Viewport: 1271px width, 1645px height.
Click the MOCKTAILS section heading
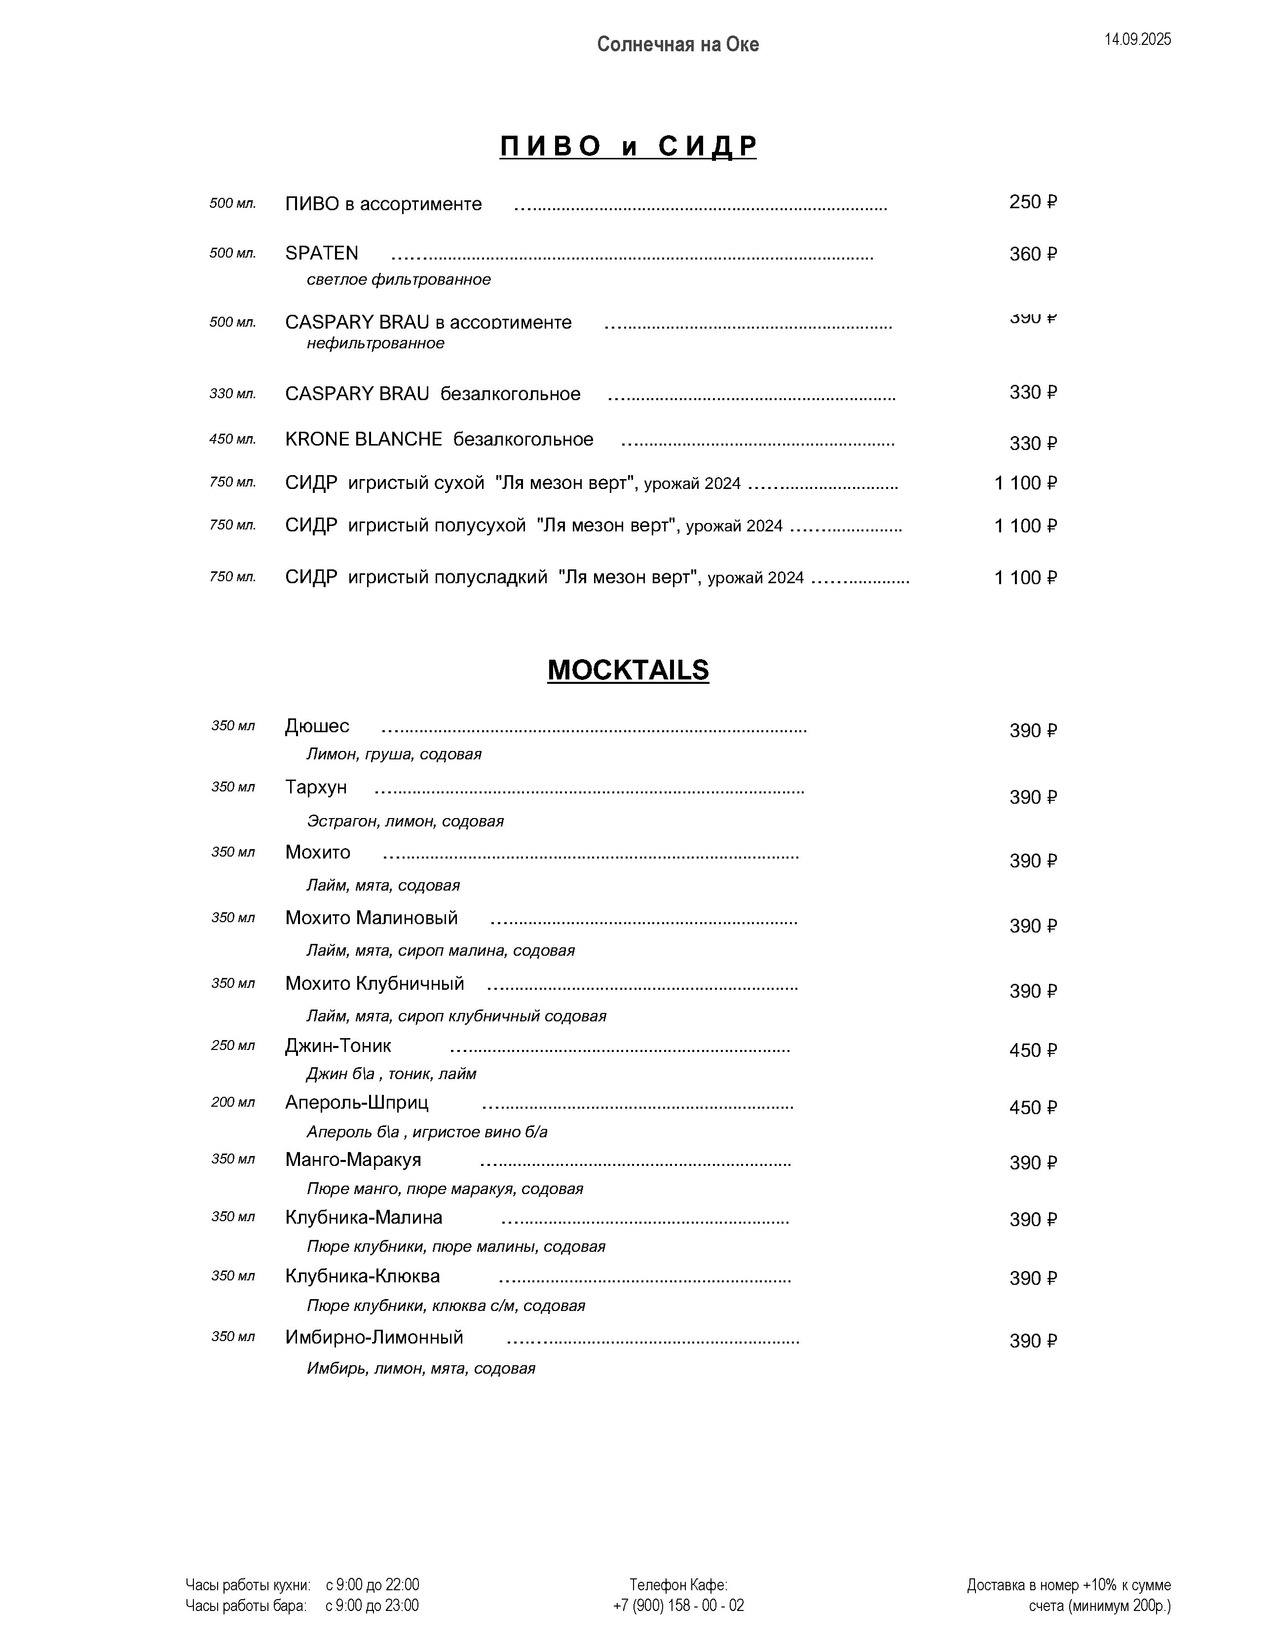click(x=628, y=670)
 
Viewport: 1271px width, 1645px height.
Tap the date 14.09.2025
click(x=1138, y=40)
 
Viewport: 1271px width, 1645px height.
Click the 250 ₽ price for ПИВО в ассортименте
click(x=1033, y=202)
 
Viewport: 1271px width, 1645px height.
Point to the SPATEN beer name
click(x=322, y=253)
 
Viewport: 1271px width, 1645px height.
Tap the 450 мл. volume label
click(x=233, y=439)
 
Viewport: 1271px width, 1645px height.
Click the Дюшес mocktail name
click(x=317, y=726)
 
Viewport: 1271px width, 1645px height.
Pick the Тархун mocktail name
click(x=316, y=787)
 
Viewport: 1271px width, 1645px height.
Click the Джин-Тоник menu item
click(x=338, y=1046)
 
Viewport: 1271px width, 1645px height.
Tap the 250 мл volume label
click(x=233, y=1046)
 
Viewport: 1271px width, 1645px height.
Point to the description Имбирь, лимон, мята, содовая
click(x=420, y=1369)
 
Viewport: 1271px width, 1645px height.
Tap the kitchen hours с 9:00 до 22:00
click(x=372, y=1585)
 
